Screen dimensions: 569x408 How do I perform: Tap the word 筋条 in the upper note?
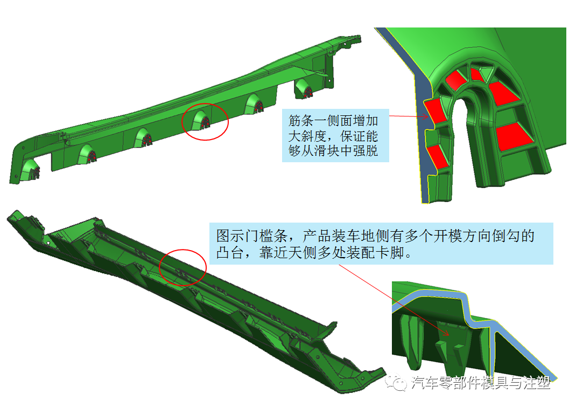[x=301, y=120]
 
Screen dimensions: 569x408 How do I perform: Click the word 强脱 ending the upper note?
[x=366, y=151]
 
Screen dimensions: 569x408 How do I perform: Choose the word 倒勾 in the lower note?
[x=505, y=236]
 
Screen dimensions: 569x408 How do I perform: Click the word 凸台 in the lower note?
[x=230, y=252]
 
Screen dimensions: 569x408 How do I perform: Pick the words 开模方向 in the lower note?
[x=462, y=236]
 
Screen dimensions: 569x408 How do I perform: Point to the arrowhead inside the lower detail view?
[x=446, y=333]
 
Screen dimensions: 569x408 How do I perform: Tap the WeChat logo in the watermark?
[x=396, y=382]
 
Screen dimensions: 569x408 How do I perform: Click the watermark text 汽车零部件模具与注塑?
[x=481, y=383]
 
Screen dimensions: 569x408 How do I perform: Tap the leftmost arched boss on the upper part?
[x=30, y=169]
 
